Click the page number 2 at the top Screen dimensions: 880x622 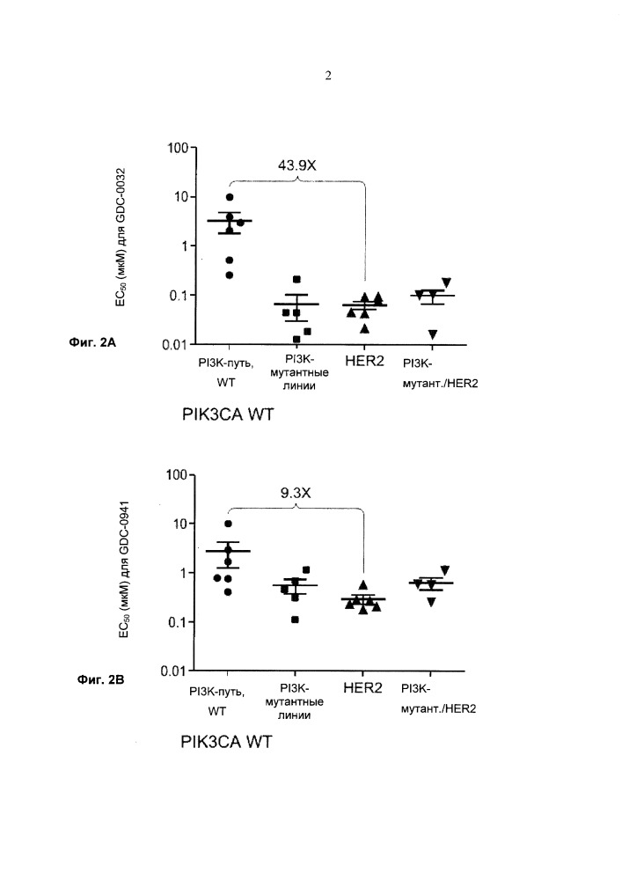pyautogui.click(x=328, y=76)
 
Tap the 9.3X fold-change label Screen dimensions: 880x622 pyautogui.click(x=296, y=493)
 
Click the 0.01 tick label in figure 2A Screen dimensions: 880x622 pyautogui.click(x=176, y=344)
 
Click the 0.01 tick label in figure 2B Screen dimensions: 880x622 pyautogui.click(x=176, y=671)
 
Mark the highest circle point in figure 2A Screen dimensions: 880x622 pyautogui.click(x=230, y=197)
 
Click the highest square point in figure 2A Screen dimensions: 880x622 pyautogui.click(x=296, y=279)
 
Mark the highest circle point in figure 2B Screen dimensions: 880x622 pyautogui.click(x=229, y=524)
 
